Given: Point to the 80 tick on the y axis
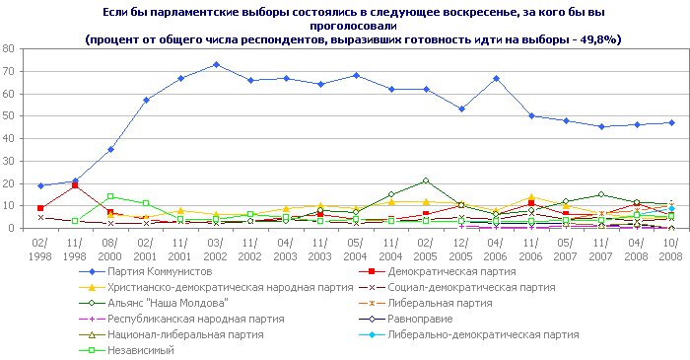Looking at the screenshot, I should pyautogui.click(x=9, y=48).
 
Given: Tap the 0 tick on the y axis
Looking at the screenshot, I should pyautogui.click(x=12, y=229).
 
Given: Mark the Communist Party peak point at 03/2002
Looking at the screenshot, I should pyautogui.click(x=216, y=64).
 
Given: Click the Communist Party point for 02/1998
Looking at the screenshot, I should pyautogui.click(x=40, y=185).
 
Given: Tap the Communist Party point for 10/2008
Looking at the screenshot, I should pyautogui.click(x=671, y=122).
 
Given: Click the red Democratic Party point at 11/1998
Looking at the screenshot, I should pyautogui.click(x=76, y=185).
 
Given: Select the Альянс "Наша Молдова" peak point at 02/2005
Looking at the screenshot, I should pyautogui.click(x=426, y=180).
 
